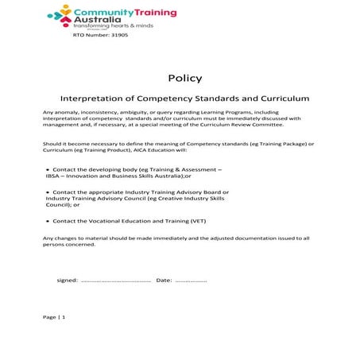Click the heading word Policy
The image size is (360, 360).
(x=185, y=78)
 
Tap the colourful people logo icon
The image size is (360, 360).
(x=60, y=15)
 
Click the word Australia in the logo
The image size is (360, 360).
(x=93, y=21)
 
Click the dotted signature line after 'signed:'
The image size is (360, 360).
(x=116, y=281)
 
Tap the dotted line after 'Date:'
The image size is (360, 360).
(x=191, y=281)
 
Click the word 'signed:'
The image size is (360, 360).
(x=68, y=281)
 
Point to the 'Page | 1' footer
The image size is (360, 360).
(x=54, y=317)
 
